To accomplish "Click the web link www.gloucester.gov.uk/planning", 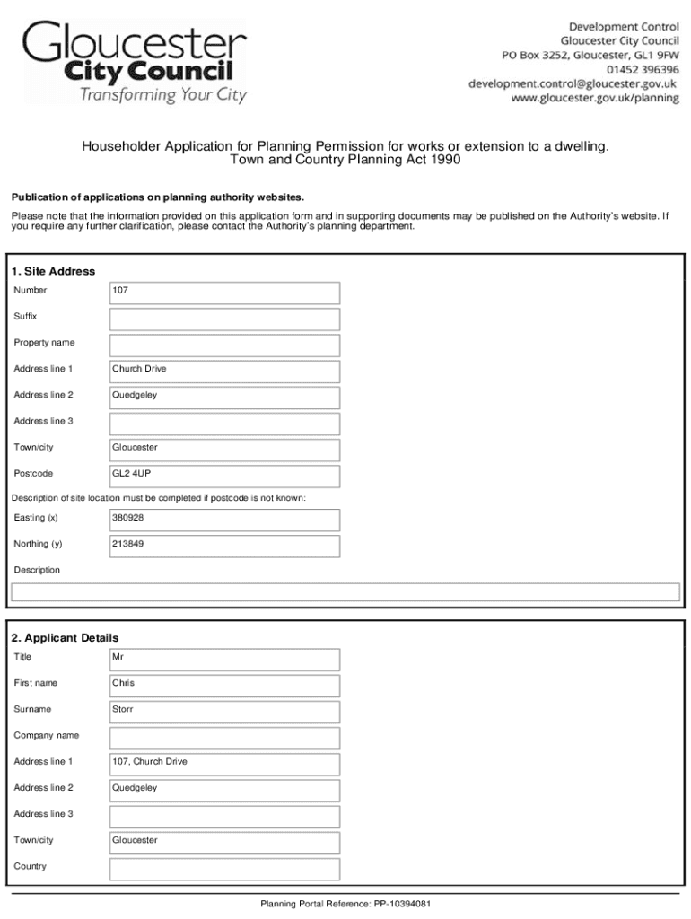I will click(x=595, y=98).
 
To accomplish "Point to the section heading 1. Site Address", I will click(x=53, y=271).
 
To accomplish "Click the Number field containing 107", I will click(x=224, y=293).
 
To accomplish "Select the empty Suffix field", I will click(x=224, y=319).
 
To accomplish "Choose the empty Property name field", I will click(x=224, y=345).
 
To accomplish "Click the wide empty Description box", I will click(x=345, y=591).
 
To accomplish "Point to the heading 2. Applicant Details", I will click(x=65, y=637).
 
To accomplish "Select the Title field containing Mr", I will click(x=224, y=659).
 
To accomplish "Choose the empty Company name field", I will click(x=224, y=737).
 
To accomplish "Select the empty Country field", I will click(x=224, y=868).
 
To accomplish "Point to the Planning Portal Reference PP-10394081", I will click(x=346, y=904).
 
